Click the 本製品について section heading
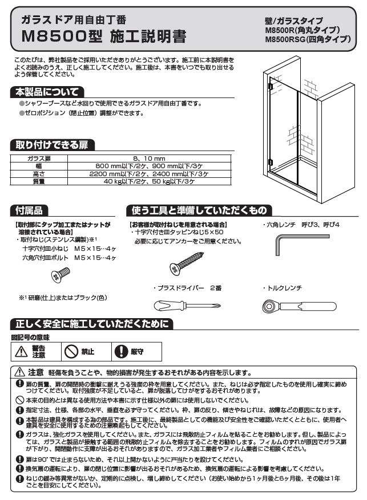pos(47,92)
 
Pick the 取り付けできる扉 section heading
pos(53,144)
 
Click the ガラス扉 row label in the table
pos(39,158)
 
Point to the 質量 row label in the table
pos(39,181)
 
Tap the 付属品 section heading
pos(30,210)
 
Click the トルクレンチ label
pos(284,288)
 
